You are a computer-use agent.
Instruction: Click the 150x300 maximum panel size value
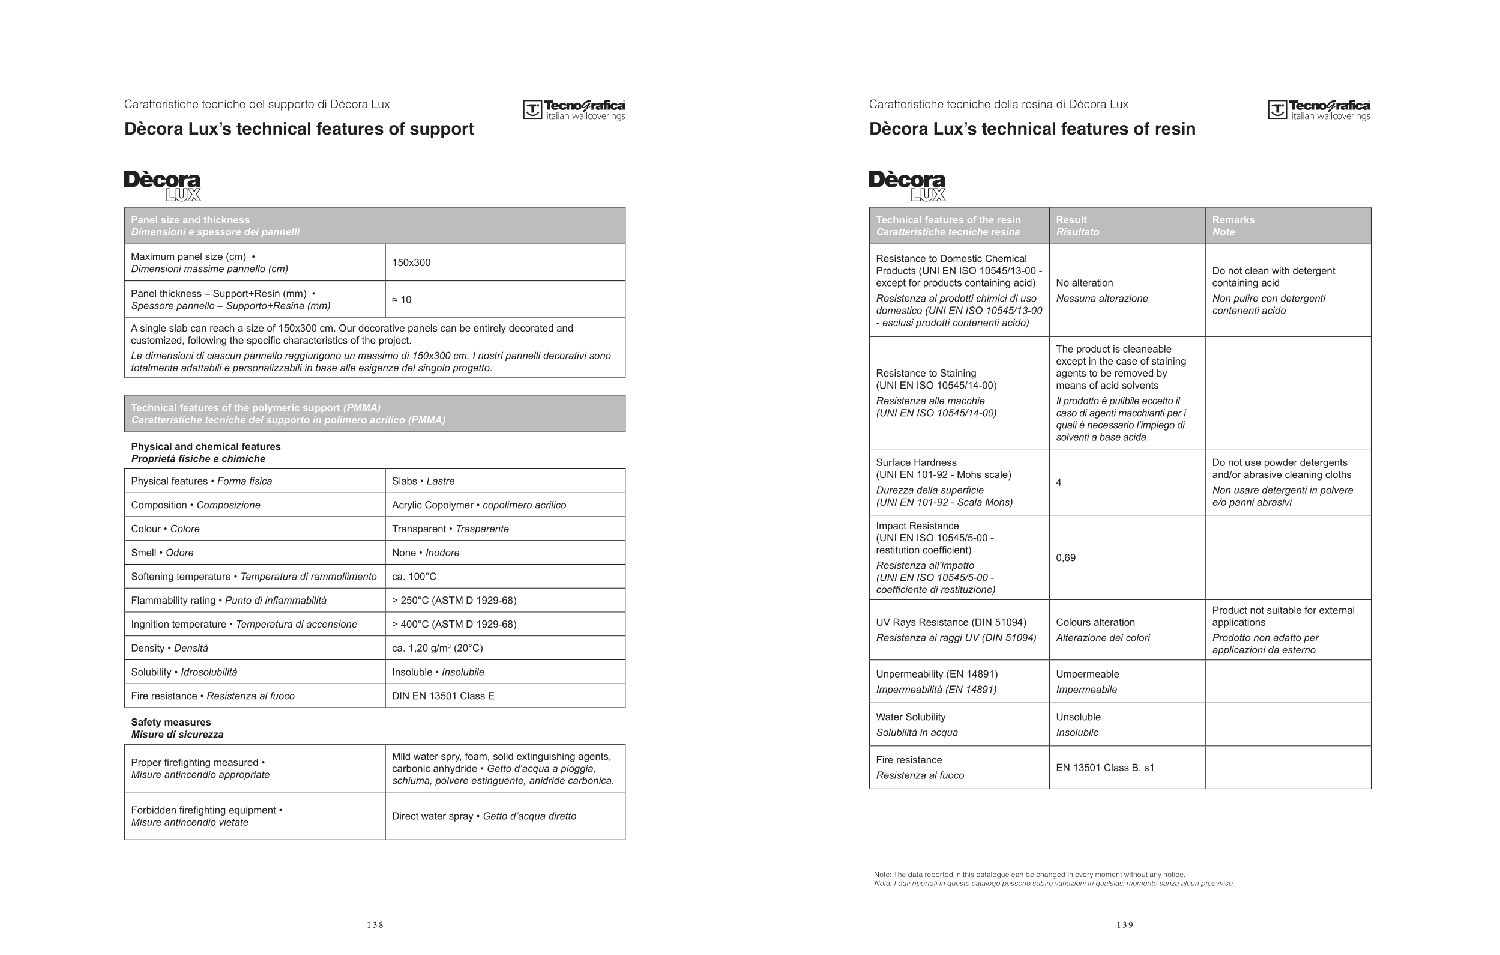(411, 263)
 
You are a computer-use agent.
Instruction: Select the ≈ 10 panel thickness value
(402, 300)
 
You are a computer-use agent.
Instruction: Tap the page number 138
(375, 925)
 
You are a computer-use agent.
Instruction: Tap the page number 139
(1125, 925)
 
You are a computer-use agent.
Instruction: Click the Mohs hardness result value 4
(1059, 482)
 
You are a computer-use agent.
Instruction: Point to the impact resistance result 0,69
(1066, 558)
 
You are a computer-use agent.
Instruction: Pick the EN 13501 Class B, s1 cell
(1105, 768)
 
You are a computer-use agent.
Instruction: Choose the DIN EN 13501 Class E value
(443, 696)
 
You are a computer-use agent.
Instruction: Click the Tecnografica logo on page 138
(574, 110)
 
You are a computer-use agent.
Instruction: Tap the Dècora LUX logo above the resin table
(908, 186)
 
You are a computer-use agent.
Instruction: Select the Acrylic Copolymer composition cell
(479, 505)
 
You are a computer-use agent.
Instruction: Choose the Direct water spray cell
(484, 817)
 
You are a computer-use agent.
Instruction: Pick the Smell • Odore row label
(162, 553)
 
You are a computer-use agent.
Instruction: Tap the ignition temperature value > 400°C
(454, 625)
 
